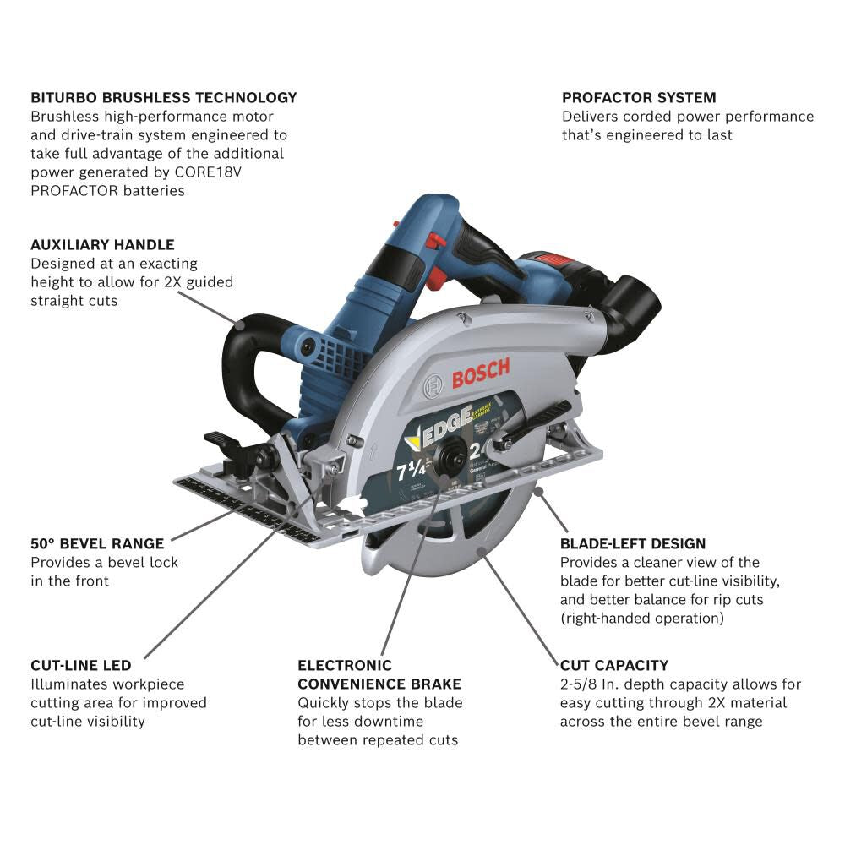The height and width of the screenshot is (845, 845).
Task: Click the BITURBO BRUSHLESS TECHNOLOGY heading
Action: [x=163, y=98]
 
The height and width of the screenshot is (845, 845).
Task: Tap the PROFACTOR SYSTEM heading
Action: [x=639, y=98]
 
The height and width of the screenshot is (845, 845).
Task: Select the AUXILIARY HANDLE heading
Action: [x=102, y=245]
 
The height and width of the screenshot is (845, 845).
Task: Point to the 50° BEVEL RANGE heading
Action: [x=97, y=543]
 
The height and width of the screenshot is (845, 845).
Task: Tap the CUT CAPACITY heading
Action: [x=614, y=666]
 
